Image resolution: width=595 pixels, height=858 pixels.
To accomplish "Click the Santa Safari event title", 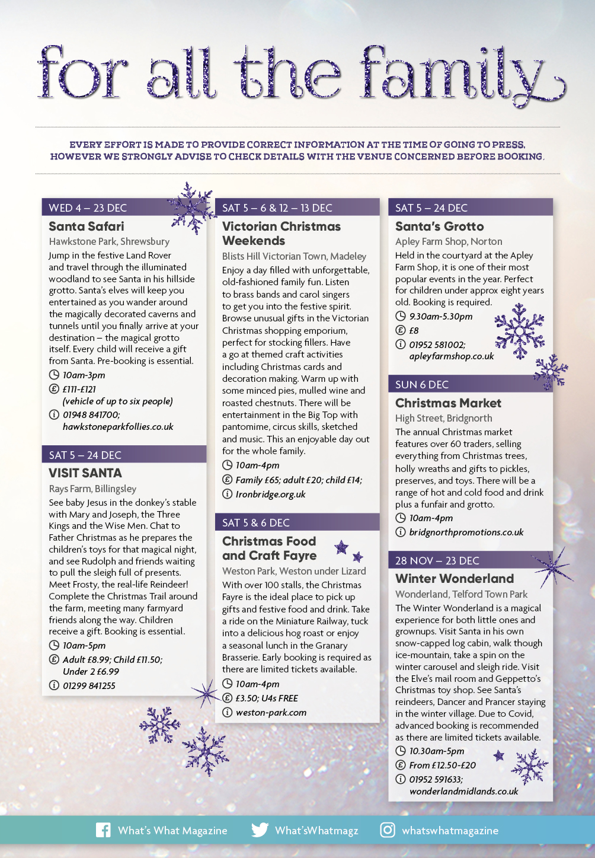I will coord(87,227).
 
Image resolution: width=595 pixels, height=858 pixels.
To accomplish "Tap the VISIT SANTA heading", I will coord(85,473).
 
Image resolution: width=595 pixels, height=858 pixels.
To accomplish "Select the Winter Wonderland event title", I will coord(455,579).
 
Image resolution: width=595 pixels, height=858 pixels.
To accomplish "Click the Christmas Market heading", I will coord(448,403).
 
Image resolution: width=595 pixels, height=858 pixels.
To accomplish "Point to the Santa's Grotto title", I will coord(439,227).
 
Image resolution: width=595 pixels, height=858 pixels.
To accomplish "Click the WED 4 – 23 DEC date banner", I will coord(88,208).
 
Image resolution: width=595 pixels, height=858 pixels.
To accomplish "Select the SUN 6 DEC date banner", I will coord(422,385).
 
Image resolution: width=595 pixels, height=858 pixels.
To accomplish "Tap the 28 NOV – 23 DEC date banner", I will coord(437,561).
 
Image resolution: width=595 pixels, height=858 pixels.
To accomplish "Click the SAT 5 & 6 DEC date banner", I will coord(256,523).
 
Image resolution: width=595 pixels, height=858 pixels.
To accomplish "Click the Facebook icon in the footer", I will coord(103,830).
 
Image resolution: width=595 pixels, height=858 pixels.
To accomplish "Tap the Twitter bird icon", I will coord(260,830).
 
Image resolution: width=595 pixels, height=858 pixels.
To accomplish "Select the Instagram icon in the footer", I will coord(388,830).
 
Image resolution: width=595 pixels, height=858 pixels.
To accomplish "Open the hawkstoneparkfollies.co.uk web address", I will coord(118,427).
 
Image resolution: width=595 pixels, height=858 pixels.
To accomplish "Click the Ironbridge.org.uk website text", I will coord(270,495).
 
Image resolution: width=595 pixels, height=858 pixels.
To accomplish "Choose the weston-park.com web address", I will coord(271,713).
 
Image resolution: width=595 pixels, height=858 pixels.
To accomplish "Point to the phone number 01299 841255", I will coord(89,686).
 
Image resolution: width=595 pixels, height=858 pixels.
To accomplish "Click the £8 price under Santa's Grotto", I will coord(414,331).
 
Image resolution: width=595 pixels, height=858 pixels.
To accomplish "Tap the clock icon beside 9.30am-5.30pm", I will coord(401,317).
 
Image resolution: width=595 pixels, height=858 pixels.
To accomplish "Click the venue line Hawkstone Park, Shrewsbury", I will coord(109,242).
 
